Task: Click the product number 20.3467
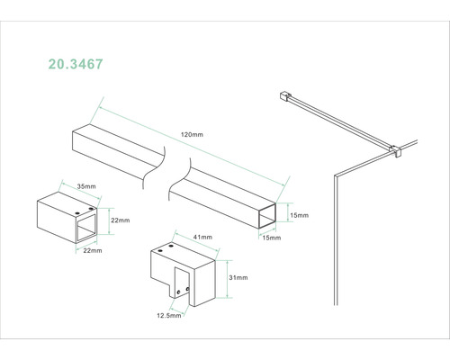pos(76,64)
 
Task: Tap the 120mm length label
pos(192,135)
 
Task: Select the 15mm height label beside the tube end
pos(299,215)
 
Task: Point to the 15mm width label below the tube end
pos(272,238)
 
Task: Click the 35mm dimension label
pos(86,186)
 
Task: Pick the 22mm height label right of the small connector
pos(121,220)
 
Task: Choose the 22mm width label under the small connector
pos(93,250)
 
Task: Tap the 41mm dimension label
pos(202,237)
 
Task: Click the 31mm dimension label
pos(238,277)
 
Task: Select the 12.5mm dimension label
pos(169,315)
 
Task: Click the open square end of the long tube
pos(267,216)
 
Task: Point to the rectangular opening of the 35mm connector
pos(86,228)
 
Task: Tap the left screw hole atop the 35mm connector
pos(77,212)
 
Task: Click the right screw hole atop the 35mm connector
pos(91,208)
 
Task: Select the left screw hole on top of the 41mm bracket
pos(160,250)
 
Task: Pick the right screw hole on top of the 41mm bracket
pos(171,246)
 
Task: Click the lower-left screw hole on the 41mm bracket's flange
pos(179,292)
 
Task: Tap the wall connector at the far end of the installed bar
pos(285,96)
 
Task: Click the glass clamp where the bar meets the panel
pos(395,151)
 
